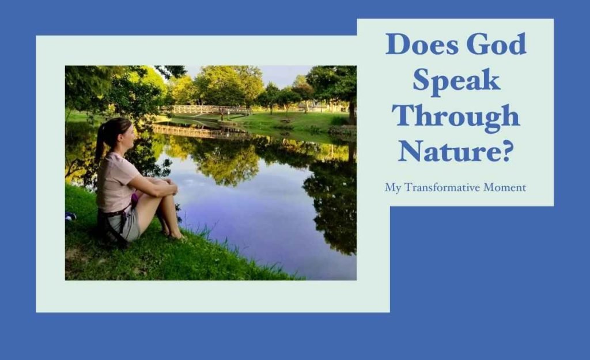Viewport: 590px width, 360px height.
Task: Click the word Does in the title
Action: pyautogui.click(x=422, y=44)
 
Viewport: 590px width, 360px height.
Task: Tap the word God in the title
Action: pyautogui.click(x=497, y=44)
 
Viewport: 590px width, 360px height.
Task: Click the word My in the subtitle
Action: pyautogui.click(x=393, y=188)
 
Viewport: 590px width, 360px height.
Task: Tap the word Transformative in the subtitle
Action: pyautogui.click(x=442, y=187)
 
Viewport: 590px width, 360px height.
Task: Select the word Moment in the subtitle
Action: pyautogui.click(x=505, y=187)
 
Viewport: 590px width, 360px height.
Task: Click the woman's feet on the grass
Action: pyautogui.click(x=173, y=235)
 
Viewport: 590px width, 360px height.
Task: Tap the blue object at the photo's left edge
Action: pyautogui.click(x=70, y=217)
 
